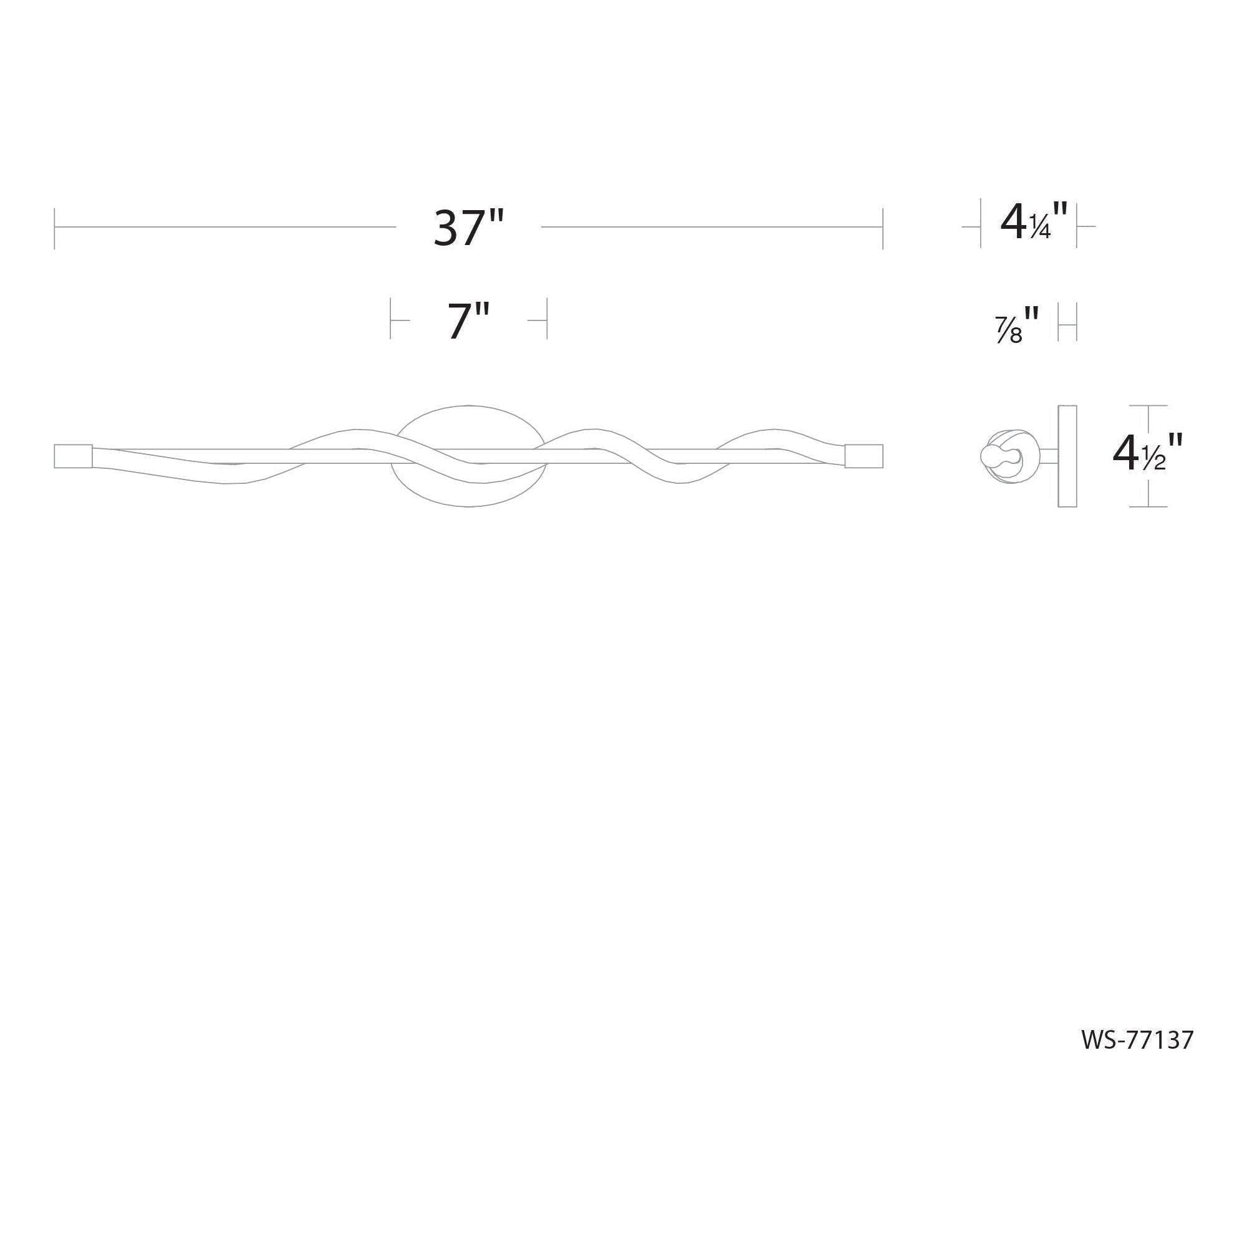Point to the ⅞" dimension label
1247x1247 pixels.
1017,325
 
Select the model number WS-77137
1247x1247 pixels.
1137,1040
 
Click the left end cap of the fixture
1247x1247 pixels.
75,455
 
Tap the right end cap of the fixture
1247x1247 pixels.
864,455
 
